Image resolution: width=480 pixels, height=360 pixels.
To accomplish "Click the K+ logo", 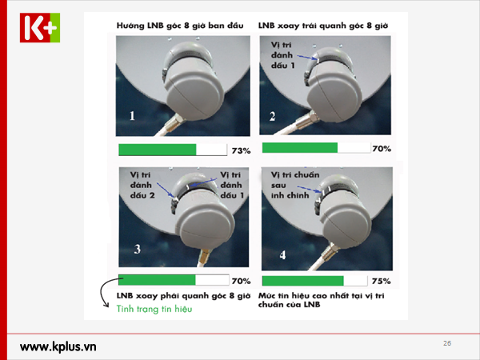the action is click(x=40, y=27).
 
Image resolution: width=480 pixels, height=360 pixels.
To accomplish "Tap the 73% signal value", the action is click(x=242, y=150).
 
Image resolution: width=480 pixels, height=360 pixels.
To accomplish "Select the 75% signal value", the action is click(x=381, y=281).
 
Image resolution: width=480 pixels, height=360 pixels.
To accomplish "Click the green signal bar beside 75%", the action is click(x=302, y=281).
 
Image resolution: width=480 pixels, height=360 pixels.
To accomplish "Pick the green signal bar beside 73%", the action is click(x=158, y=150).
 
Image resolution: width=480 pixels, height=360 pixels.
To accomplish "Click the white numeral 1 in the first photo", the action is click(x=132, y=116).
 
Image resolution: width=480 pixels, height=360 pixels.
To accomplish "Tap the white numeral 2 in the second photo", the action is click(x=272, y=116).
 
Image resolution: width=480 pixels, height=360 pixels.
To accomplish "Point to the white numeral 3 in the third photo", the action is click(x=138, y=249).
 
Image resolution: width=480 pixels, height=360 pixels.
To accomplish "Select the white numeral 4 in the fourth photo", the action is click(x=282, y=254).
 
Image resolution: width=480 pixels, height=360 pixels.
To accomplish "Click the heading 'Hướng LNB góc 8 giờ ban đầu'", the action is click(x=180, y=26).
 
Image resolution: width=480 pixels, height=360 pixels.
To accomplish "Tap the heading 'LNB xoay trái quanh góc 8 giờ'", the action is click(x=323, y=26).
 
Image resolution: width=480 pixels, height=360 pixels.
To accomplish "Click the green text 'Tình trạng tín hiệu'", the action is click(x=154, y=309).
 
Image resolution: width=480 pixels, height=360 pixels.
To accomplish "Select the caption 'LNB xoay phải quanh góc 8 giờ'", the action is click(x=183, y=296).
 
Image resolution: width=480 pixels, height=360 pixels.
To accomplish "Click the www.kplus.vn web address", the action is click(x=58, y=347).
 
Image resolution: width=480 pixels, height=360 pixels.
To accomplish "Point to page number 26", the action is click(x=447, y=343).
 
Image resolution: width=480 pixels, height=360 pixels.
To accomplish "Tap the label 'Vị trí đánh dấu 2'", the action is click(x=142, y=185).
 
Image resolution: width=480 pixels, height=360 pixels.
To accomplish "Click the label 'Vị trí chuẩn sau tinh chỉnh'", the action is click(x=295, y=185).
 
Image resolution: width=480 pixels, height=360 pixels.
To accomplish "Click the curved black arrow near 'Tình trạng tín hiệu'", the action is click(x=102, y=291).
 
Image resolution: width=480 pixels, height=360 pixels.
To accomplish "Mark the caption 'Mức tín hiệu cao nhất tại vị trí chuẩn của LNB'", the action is click(x=321, y=300).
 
